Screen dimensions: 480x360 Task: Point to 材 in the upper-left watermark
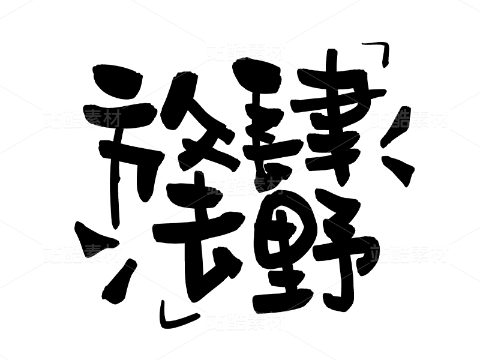112,119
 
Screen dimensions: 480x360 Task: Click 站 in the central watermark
216,186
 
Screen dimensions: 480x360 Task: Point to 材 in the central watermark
275,186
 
